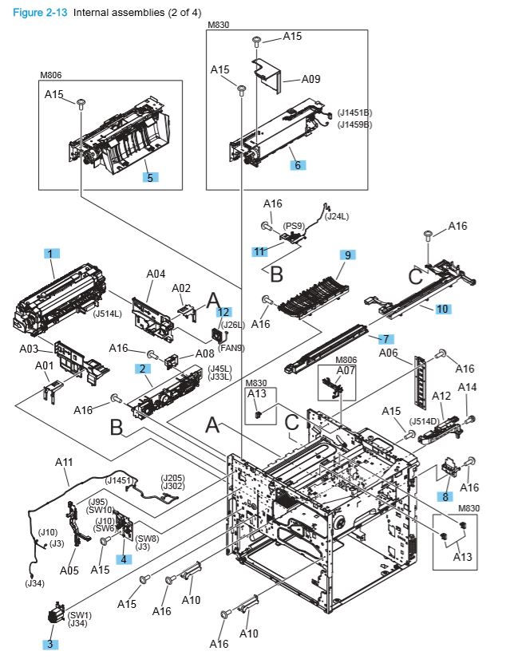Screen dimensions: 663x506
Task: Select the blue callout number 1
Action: (50, 253)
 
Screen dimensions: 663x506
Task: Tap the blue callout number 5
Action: (149, 177)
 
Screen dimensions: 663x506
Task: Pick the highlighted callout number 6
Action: (297, 164)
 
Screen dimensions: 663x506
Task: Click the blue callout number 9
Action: (347, 255)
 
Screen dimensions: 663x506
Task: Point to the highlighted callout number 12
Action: (224, 312)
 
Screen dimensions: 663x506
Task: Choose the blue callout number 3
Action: (51, 644)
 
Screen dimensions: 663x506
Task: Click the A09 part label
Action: (310, 79)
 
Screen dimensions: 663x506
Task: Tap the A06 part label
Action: (388, 353)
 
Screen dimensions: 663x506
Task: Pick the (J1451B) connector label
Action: (354, 112)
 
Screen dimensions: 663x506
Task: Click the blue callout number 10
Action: (443, 307)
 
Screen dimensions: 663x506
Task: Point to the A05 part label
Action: (69, 570)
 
